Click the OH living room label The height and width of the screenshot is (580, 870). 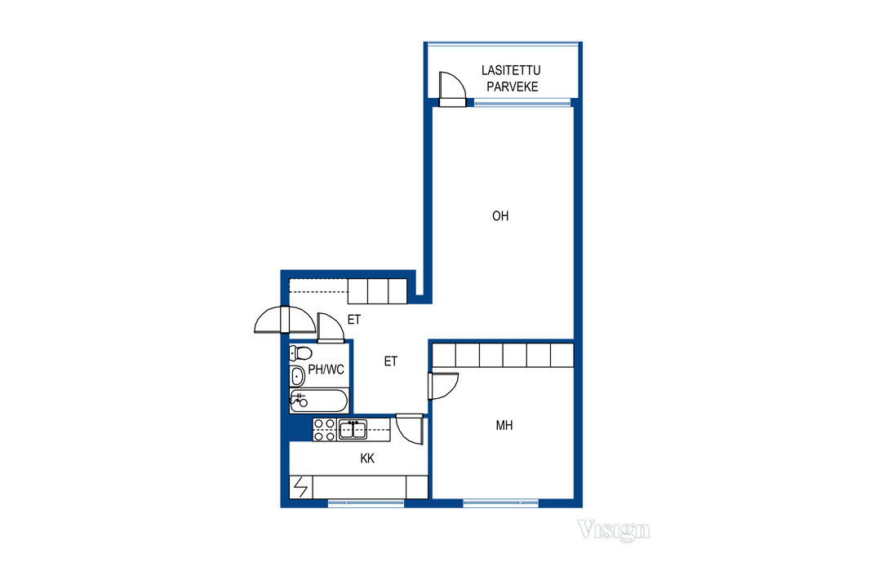tap(500, 215)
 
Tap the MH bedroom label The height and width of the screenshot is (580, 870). tap(504, 425)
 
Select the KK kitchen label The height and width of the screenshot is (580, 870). tap(367, 458)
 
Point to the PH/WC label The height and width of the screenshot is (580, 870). tap(326, 370)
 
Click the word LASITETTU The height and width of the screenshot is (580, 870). tap(511, 70)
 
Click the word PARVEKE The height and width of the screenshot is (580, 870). tap(512, 86)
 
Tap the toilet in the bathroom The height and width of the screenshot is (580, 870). tap(300, 352)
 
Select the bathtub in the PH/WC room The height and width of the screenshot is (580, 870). tap(319, 401)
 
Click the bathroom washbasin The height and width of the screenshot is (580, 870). tap(297, 377)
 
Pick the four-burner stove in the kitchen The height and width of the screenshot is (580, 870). tap(325, 430)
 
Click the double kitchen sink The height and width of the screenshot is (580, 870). tap(353, 430)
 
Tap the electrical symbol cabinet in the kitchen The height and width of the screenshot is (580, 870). tap(300, 487)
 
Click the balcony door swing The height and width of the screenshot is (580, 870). tap(452, 89)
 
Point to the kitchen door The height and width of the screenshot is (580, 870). tap(410, 428)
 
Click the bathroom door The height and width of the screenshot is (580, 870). tap(331, 328)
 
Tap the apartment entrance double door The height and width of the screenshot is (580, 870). tap(285, 320)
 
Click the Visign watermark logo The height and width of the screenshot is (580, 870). tap(613, 530)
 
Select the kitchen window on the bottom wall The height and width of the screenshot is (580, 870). tap(366, 503)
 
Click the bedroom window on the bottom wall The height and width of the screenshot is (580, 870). tap(500, 503)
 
